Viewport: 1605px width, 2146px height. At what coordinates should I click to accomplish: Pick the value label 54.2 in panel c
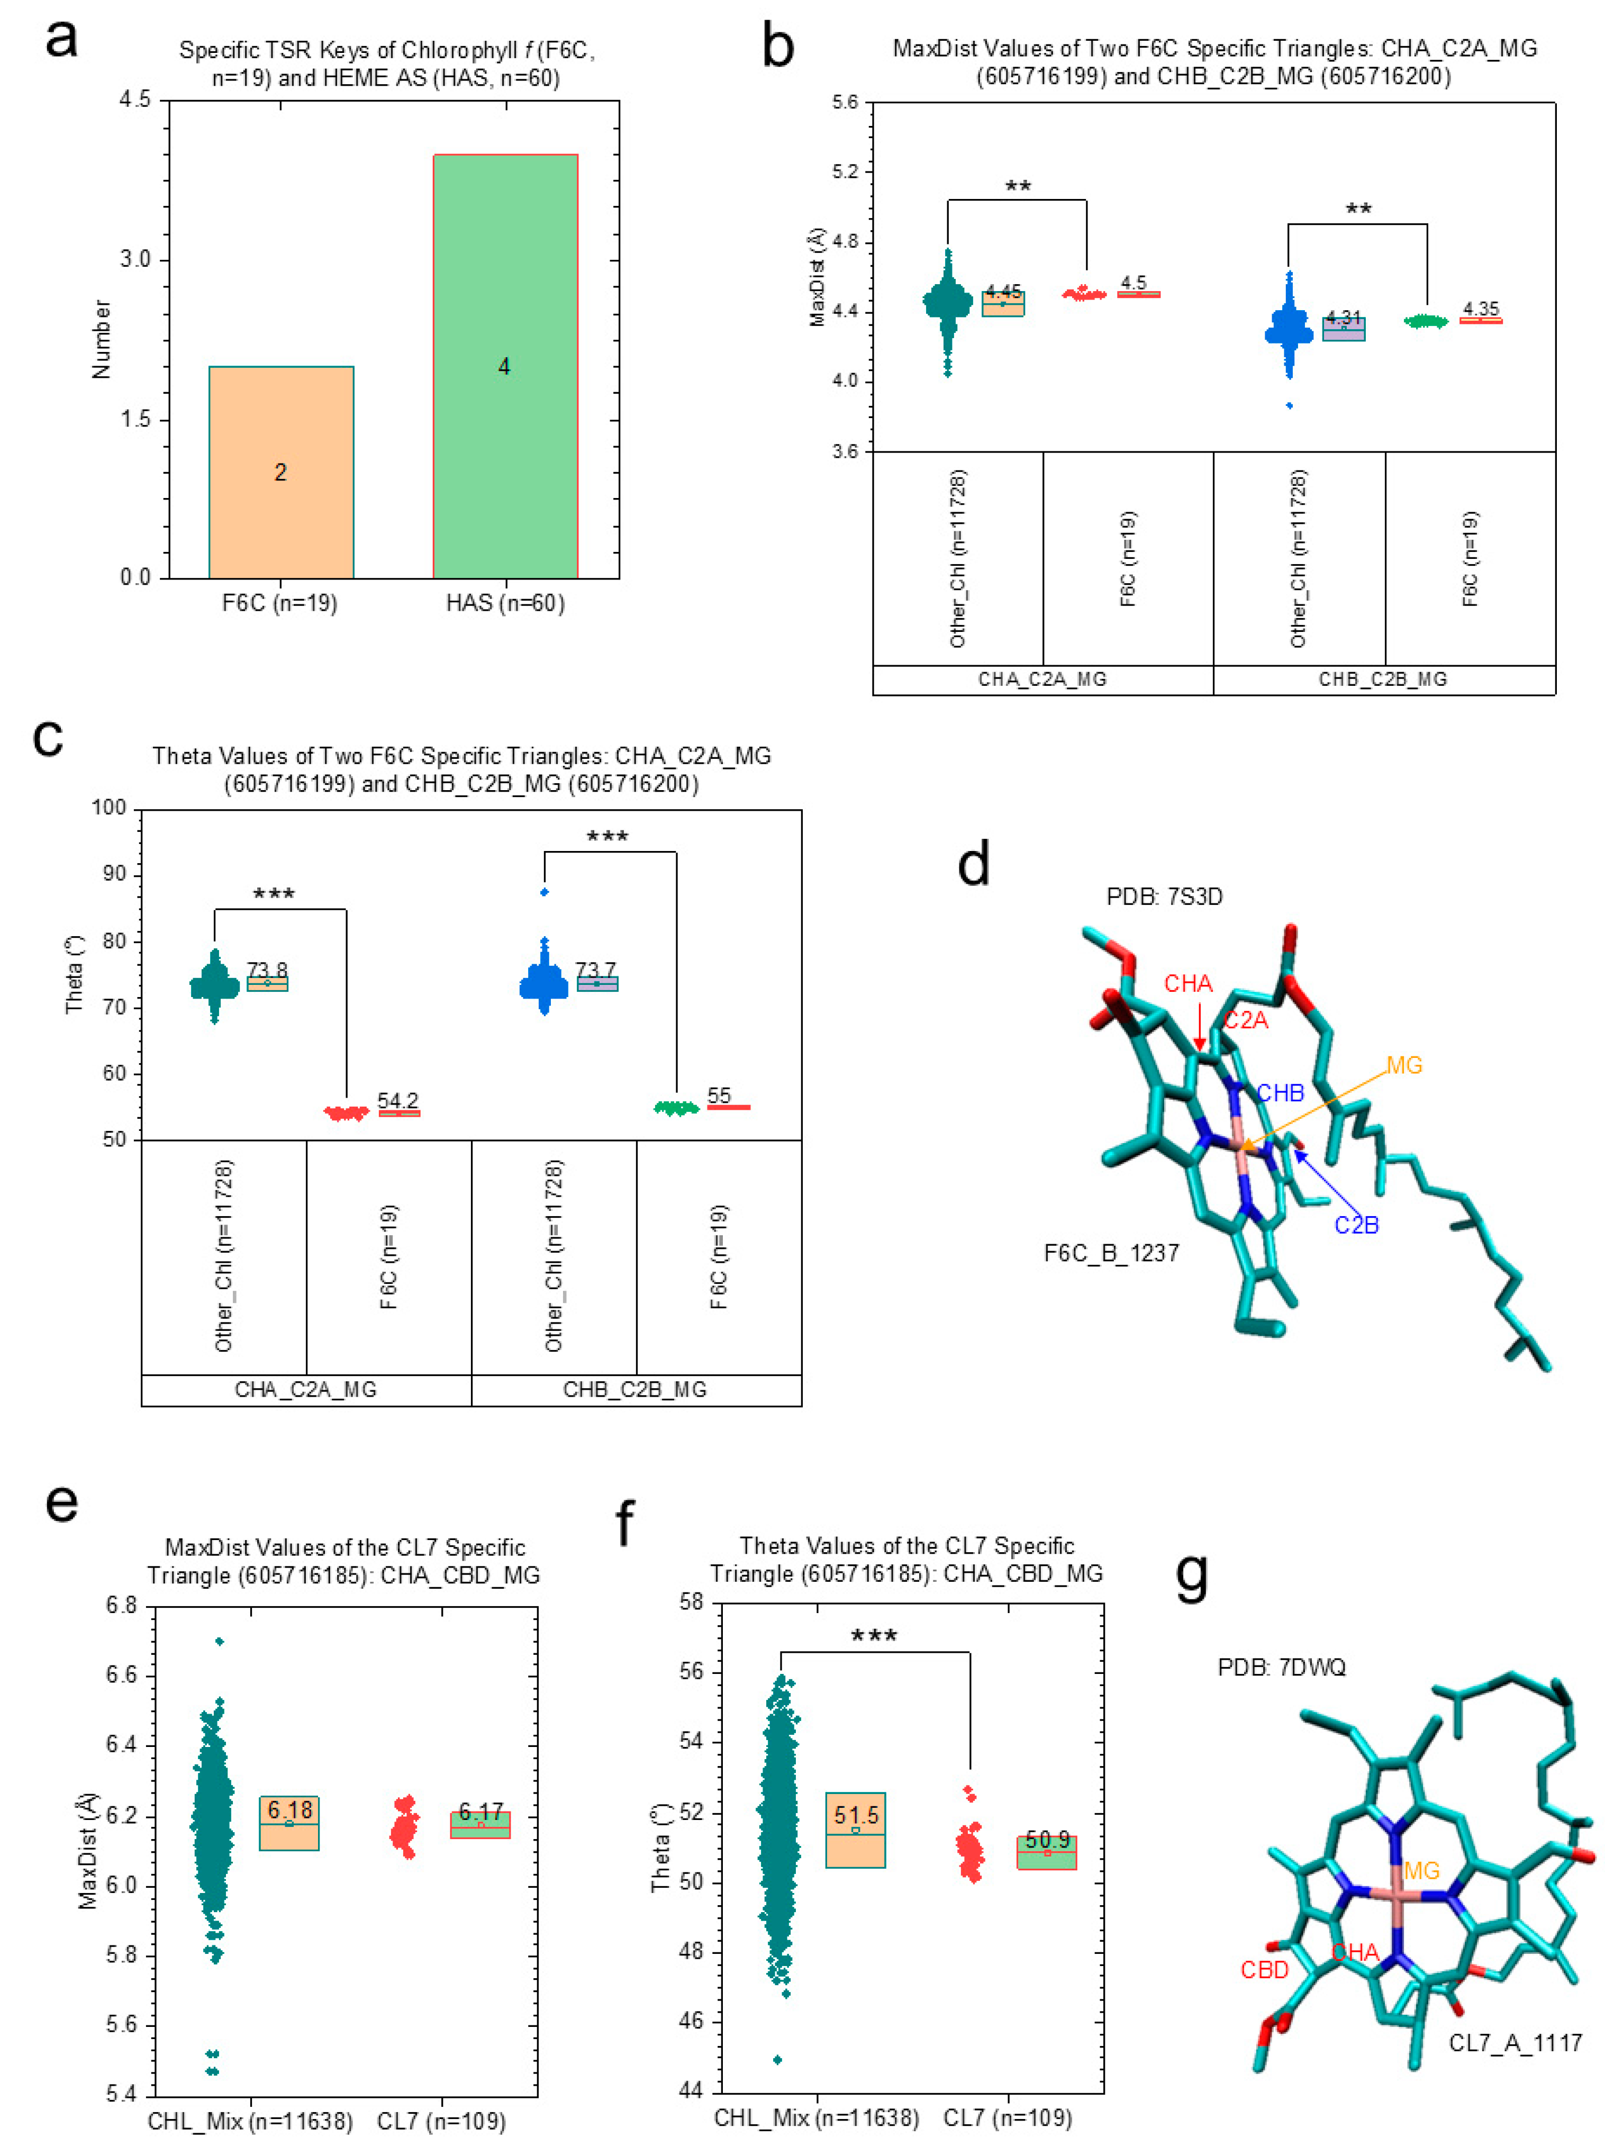click(x=398, y=1100)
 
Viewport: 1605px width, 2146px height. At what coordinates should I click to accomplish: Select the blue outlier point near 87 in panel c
click(x=545, y=892)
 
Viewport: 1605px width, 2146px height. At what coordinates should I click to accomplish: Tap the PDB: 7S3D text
click(x=1164, y=897)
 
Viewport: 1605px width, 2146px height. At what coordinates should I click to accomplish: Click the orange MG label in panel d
click(x=1403, y=1065)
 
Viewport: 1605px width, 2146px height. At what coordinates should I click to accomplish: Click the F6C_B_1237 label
click(x=1111, y=1253)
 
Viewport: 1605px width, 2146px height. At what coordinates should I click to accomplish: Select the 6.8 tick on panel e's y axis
click(x=122, y=1606)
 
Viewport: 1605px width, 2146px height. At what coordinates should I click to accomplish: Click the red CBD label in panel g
click(x=1264, y=1969)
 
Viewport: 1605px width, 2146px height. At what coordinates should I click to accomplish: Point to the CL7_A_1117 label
click(x=1514, y=2043)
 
